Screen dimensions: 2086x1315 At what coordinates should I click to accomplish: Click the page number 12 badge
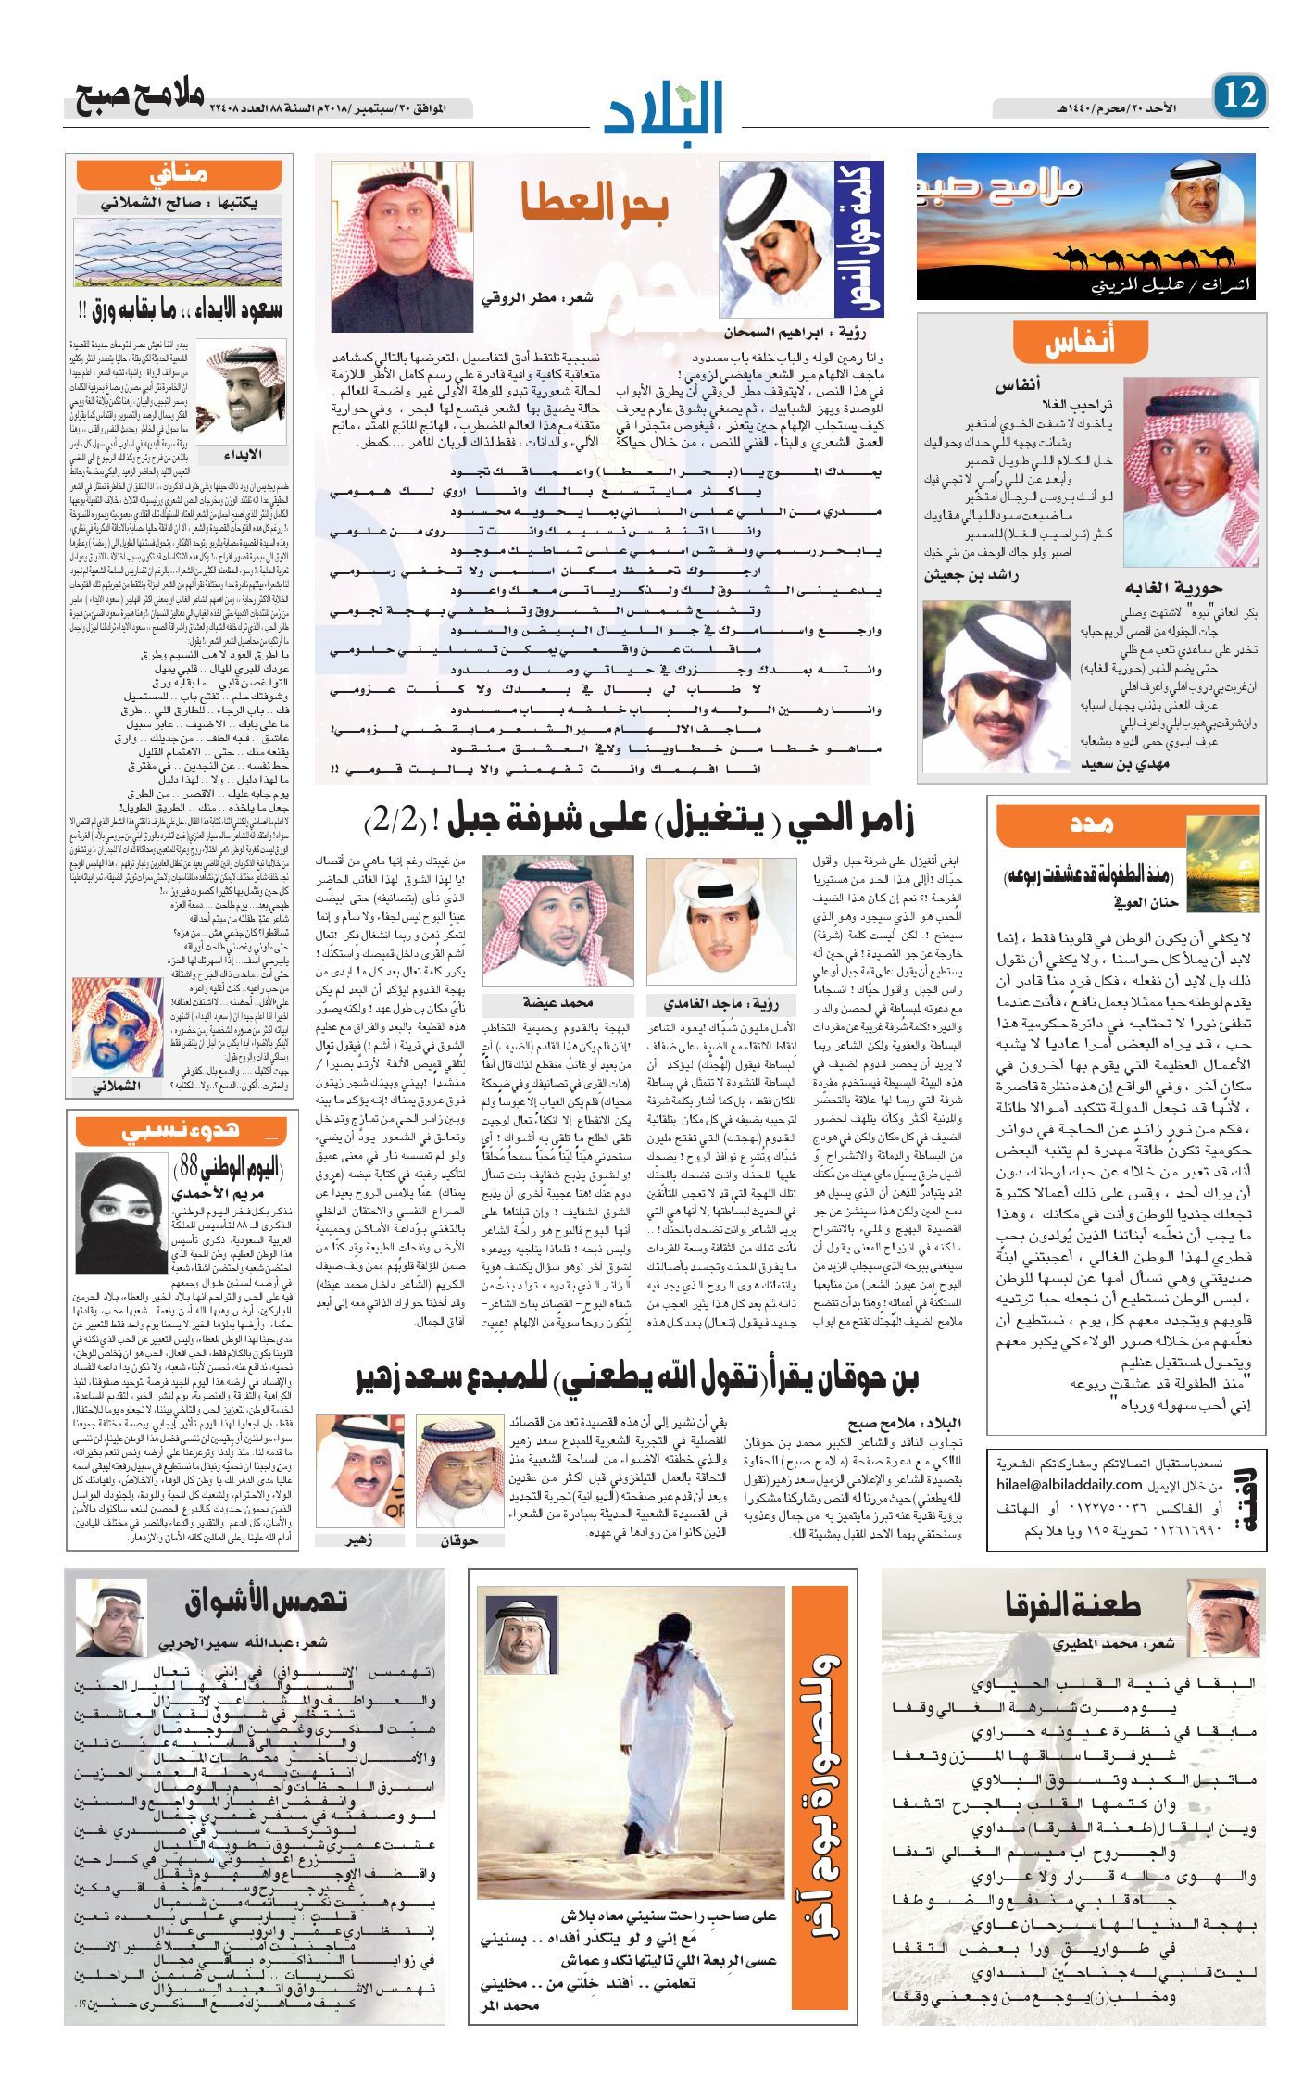(1239, 96)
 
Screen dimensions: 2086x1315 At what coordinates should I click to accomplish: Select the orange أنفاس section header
(1081, 342)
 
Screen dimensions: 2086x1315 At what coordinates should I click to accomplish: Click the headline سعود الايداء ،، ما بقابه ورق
(180, 308)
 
